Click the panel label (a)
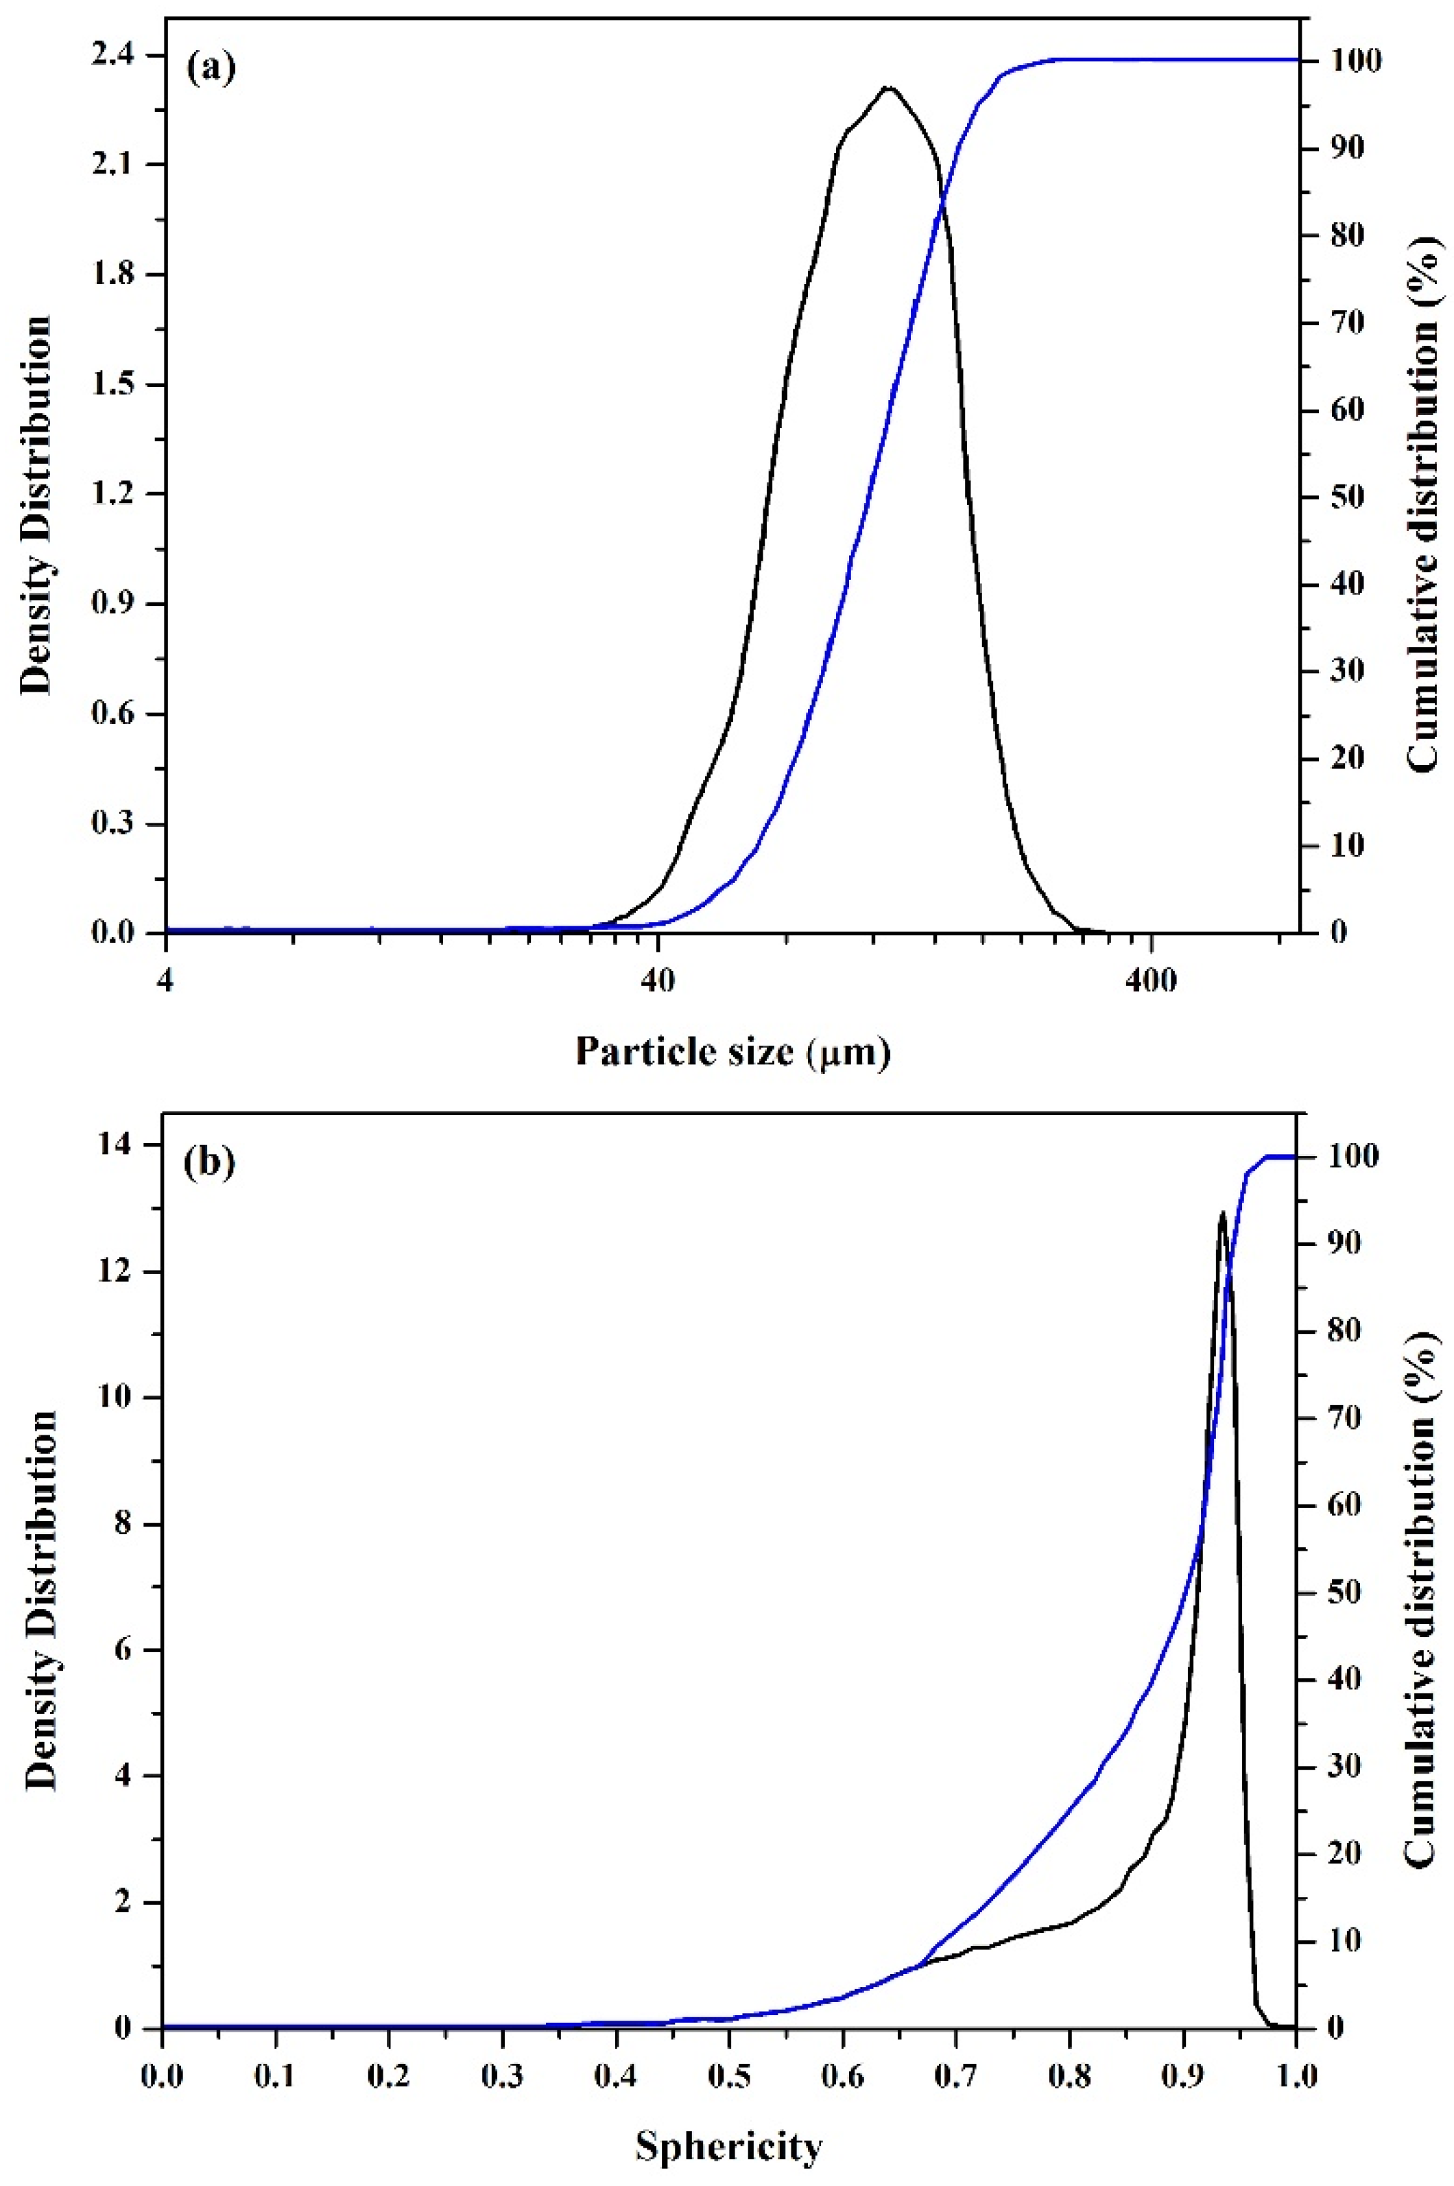[211, 69]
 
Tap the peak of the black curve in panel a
[888, 88]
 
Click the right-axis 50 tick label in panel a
[1333, 497]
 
